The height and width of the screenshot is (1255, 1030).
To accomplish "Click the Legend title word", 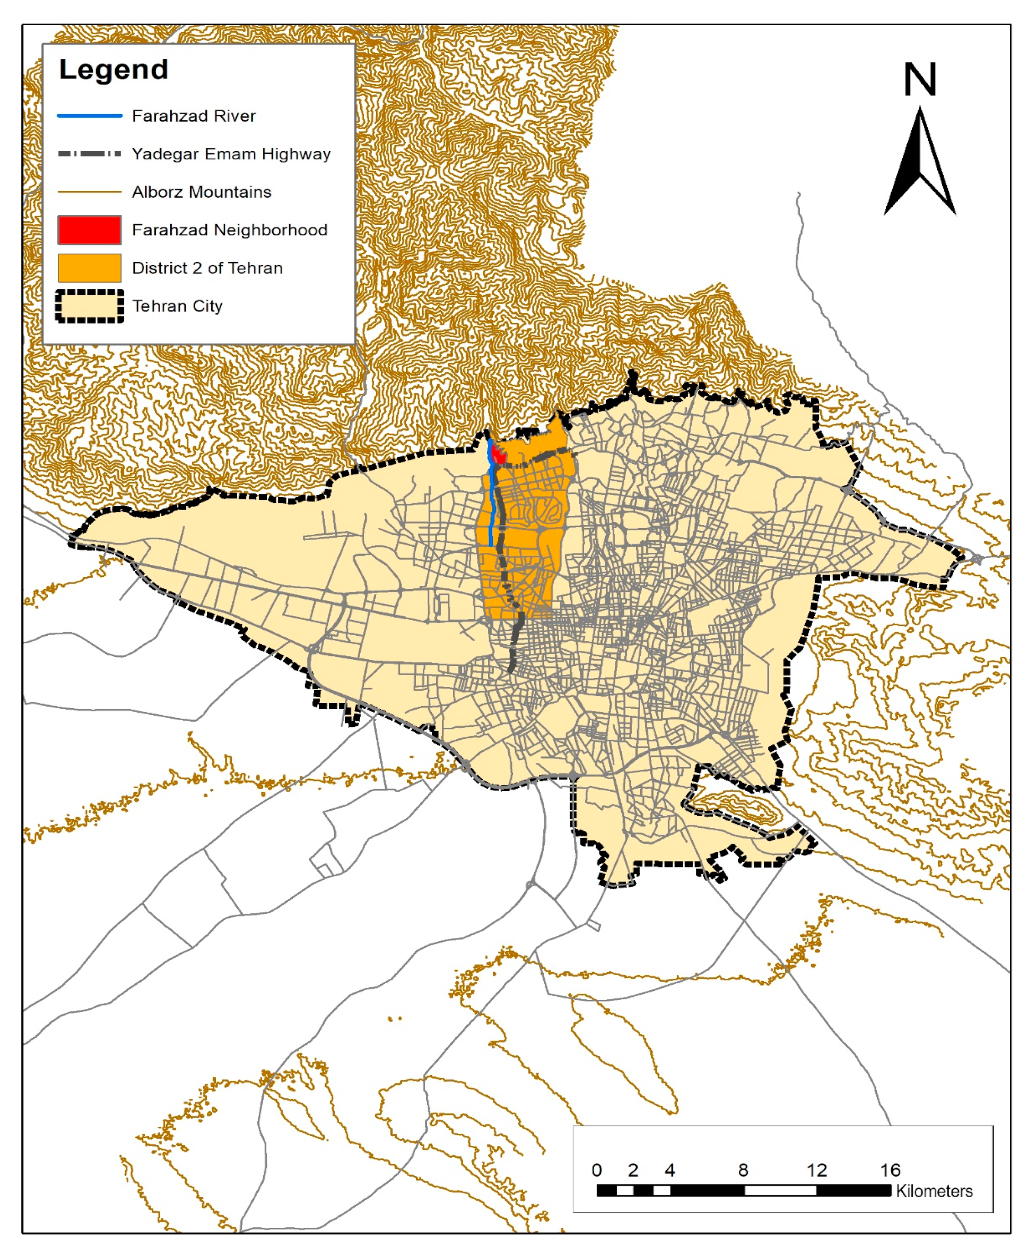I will [113, 70].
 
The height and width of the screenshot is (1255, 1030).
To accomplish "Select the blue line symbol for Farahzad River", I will [89, 116].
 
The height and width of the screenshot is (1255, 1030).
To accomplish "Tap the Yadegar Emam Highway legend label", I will [231, 154].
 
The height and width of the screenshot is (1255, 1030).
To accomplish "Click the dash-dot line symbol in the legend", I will [89, 154].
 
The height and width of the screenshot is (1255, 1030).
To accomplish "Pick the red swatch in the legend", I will [89, 230].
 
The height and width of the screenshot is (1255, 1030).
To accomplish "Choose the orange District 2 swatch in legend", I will [89, 268].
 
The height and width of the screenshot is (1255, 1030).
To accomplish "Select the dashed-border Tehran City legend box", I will [89, 306].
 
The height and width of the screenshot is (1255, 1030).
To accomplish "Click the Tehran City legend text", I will [177, 306].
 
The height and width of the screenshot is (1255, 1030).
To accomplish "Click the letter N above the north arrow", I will [919, 80].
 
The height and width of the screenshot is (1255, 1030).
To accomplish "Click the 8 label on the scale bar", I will [743, 1170].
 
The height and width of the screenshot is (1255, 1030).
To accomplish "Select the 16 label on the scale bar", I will [890, 1170].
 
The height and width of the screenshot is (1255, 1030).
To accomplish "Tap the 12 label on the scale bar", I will [817, 1170].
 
